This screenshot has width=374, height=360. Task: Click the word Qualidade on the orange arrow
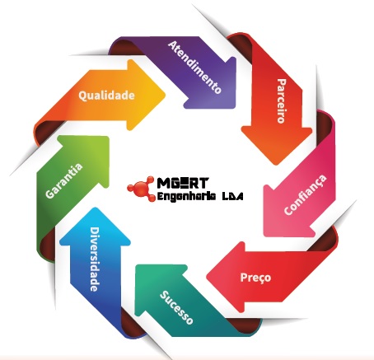point(106,96)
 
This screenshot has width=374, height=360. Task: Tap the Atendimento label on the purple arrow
point(194,67)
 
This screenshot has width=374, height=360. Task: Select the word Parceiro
point(282,101)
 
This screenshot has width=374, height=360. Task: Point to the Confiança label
point(306,194)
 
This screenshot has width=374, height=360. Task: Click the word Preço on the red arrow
point(255,277)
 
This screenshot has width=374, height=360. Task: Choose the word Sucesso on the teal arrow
point(176,307)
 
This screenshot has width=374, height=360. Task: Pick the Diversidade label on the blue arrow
point(95,259)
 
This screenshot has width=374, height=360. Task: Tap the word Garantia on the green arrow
point(63,180)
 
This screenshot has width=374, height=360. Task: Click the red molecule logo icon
point(141,189)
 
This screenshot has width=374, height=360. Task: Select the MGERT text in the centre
point(183,183)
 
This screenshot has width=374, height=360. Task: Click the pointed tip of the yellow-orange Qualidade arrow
point(166,95)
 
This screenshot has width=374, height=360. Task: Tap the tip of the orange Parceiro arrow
point(275,165)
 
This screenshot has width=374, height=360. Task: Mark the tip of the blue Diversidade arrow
point(95,208)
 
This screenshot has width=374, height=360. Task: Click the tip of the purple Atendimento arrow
point(236,108)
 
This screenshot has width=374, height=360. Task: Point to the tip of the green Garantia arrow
point(109,137)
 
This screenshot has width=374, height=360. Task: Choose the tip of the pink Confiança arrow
point(264,236)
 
